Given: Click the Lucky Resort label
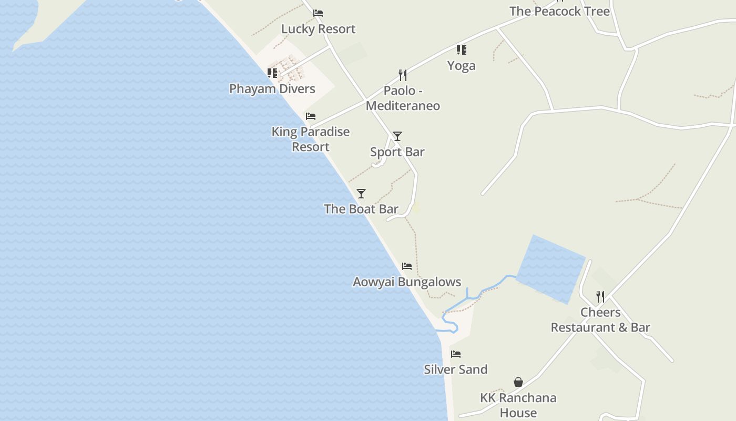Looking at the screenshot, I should tap(318, 29).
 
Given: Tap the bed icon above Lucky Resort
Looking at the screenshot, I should tap(318, 13).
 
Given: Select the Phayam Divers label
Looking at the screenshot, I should tap(272, 88).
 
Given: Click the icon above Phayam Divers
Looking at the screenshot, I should tap(272, 73).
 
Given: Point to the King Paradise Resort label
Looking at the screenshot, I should tap(311, 139).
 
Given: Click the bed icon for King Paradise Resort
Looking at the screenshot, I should tap(311, 116).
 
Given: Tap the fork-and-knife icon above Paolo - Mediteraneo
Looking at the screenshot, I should tap(403, 75).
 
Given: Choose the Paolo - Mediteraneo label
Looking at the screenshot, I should tap(403, 98).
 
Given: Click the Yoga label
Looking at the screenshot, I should tap(461, 66).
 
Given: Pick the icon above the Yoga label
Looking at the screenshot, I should tap(461, 50).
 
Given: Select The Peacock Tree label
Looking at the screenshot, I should tap(559, 12).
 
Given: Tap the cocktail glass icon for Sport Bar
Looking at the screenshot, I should tap(397, 136).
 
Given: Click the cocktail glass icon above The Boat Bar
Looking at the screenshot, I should tap(361, 194).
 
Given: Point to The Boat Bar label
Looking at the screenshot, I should tap(361, 209).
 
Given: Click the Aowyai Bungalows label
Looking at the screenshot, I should tap(407, 282).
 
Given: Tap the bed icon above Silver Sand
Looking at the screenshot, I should tap(456, 354).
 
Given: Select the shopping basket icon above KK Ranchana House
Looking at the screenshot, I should tap(518, 382).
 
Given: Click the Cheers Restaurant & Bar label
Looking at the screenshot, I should tap(600, 320).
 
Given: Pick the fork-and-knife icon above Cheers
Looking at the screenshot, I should tap(600, 297).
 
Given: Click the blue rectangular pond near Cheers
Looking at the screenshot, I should tap(551, 269).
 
